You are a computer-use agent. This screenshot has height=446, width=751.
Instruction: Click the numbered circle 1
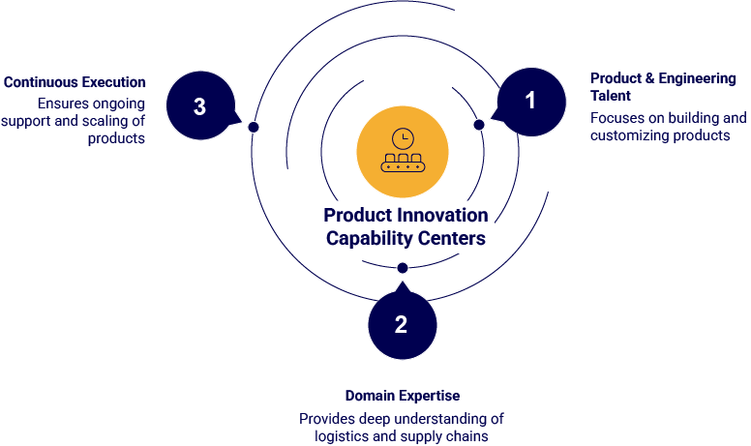coord(531,102)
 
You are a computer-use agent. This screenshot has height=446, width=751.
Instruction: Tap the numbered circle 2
coord(403,325)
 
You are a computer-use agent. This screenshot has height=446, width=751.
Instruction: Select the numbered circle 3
coord(200,105)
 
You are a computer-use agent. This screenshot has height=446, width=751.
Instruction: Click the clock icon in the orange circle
coord(403,138)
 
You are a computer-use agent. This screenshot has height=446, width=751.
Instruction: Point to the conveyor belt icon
coord(403,163)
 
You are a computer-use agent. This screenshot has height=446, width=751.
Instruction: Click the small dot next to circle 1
coord(479,125)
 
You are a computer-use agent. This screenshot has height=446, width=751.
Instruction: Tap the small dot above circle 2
coord(403,268)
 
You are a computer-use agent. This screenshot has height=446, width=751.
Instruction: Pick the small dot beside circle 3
coord(254,127)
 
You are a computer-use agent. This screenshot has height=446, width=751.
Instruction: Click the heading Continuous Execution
coord(75,82)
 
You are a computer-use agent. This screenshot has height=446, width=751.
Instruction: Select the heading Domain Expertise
coord(403,396)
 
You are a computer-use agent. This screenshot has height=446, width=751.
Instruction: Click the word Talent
coord(610,96)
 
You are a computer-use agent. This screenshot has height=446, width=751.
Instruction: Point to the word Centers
coord(452,238)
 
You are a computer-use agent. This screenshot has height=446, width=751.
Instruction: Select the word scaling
coord(105,122)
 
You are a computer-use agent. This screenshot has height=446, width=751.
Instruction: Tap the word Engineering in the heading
coord(697,79)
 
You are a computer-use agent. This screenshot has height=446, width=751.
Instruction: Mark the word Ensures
coord(64,104)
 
